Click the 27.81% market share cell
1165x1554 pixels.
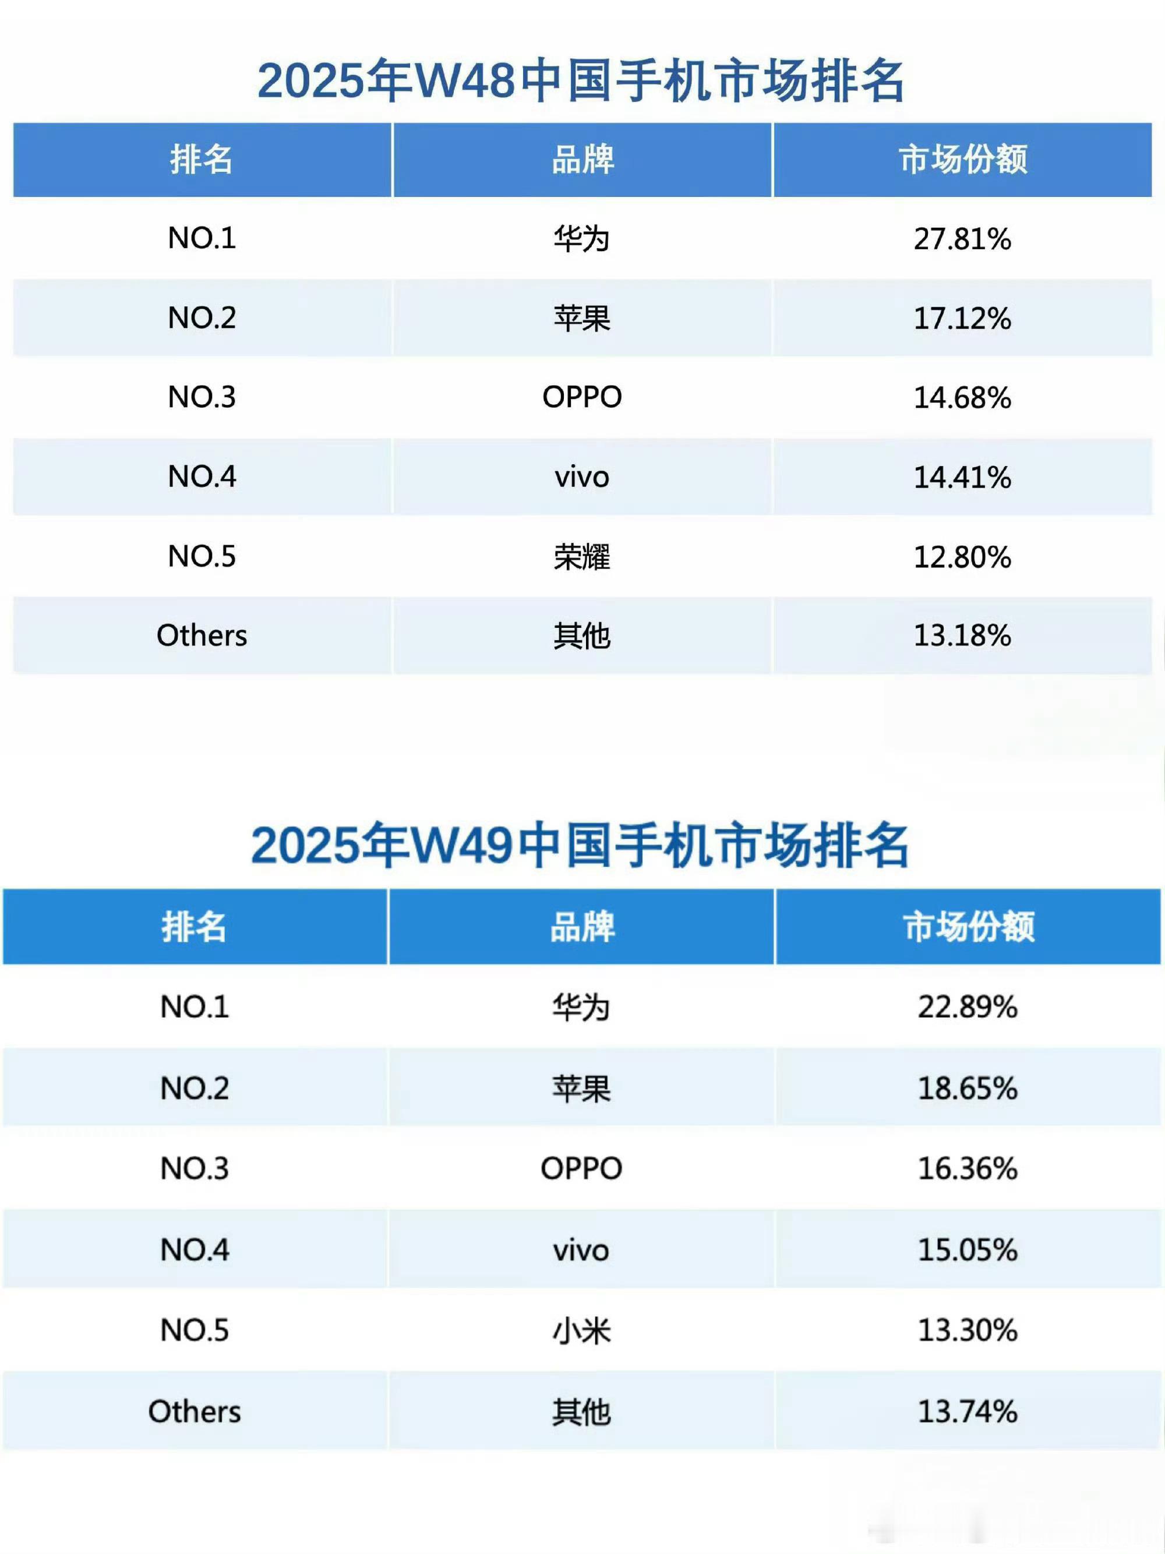click(x=962, y=239)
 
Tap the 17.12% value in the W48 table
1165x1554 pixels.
click(x=962, y=318)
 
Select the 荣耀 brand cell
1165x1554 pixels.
click(x=582, y=556)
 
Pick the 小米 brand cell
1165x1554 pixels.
click(x=582, y=1330)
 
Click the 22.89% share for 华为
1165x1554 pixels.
click(x=967, y=1006)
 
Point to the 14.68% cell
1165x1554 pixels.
click(x=962, y=398)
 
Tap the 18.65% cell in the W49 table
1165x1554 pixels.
click(x=967, y=1088)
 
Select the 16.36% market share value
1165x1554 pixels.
click(x=967, y=1168)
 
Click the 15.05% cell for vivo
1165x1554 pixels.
click(x=967, y=1250)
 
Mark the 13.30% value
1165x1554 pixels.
click(x=967, y=1330)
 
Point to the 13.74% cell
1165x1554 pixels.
click(x=967, y=1411)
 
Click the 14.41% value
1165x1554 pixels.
click(x=962, y=477)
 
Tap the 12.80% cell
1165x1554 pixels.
click(x=962, y=556)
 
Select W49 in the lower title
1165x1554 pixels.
click(x=462, y=845)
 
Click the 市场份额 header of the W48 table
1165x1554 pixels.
click(x=962, y=160)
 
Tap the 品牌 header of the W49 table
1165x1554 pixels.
click(x=582, y=927)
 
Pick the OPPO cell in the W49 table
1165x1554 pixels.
click(x=582, y=1168)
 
